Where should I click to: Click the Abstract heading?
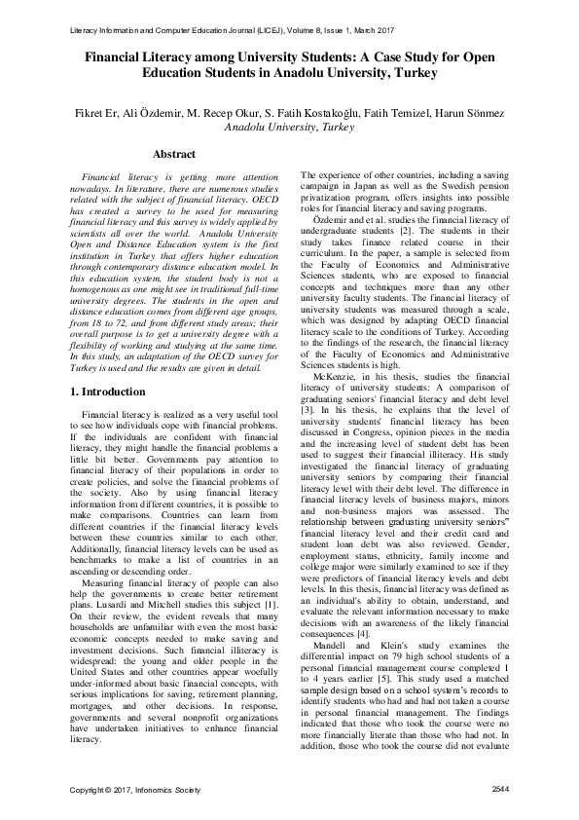(x=174, y=154)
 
